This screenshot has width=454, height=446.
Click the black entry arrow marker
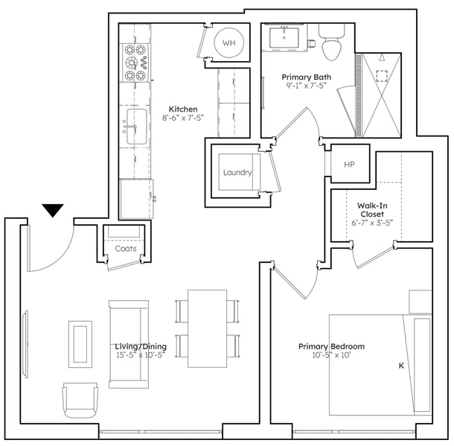click(x=53, y=210)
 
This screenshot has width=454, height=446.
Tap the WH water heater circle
click(x=228, y=43)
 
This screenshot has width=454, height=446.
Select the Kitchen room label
click(x=183, y=109)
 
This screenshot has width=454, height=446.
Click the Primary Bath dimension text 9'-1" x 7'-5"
click(x=307, y=86)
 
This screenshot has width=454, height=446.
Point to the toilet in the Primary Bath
click(x=331, y=42)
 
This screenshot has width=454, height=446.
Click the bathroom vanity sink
click(x=284, y=37)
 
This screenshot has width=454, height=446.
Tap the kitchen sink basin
click(x=137, y=127)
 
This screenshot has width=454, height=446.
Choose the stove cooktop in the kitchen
click(x=135, y=63)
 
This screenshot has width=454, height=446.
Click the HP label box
click(x=350, y=164)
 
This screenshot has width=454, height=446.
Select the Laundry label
click(x=237, y=173)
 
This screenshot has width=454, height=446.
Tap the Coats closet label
click(x=126, y=249)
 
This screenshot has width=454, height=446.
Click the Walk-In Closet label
click(x=372, y=210)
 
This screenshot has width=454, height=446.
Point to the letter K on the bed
click(x=401, y=366)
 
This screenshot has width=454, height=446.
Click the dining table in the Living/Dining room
click(x=208, y=328)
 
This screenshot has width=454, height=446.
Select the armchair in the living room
click(x=80, y=400)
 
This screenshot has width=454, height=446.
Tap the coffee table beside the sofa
click(x=80, y=344)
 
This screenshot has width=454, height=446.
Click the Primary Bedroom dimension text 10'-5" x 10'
click(x=331, y=355)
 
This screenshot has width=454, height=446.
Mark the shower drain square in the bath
click(x=382, y=76)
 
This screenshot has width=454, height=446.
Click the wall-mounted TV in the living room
click(x=26, y=344)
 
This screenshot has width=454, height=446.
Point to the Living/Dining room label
click(x=141, y=346)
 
